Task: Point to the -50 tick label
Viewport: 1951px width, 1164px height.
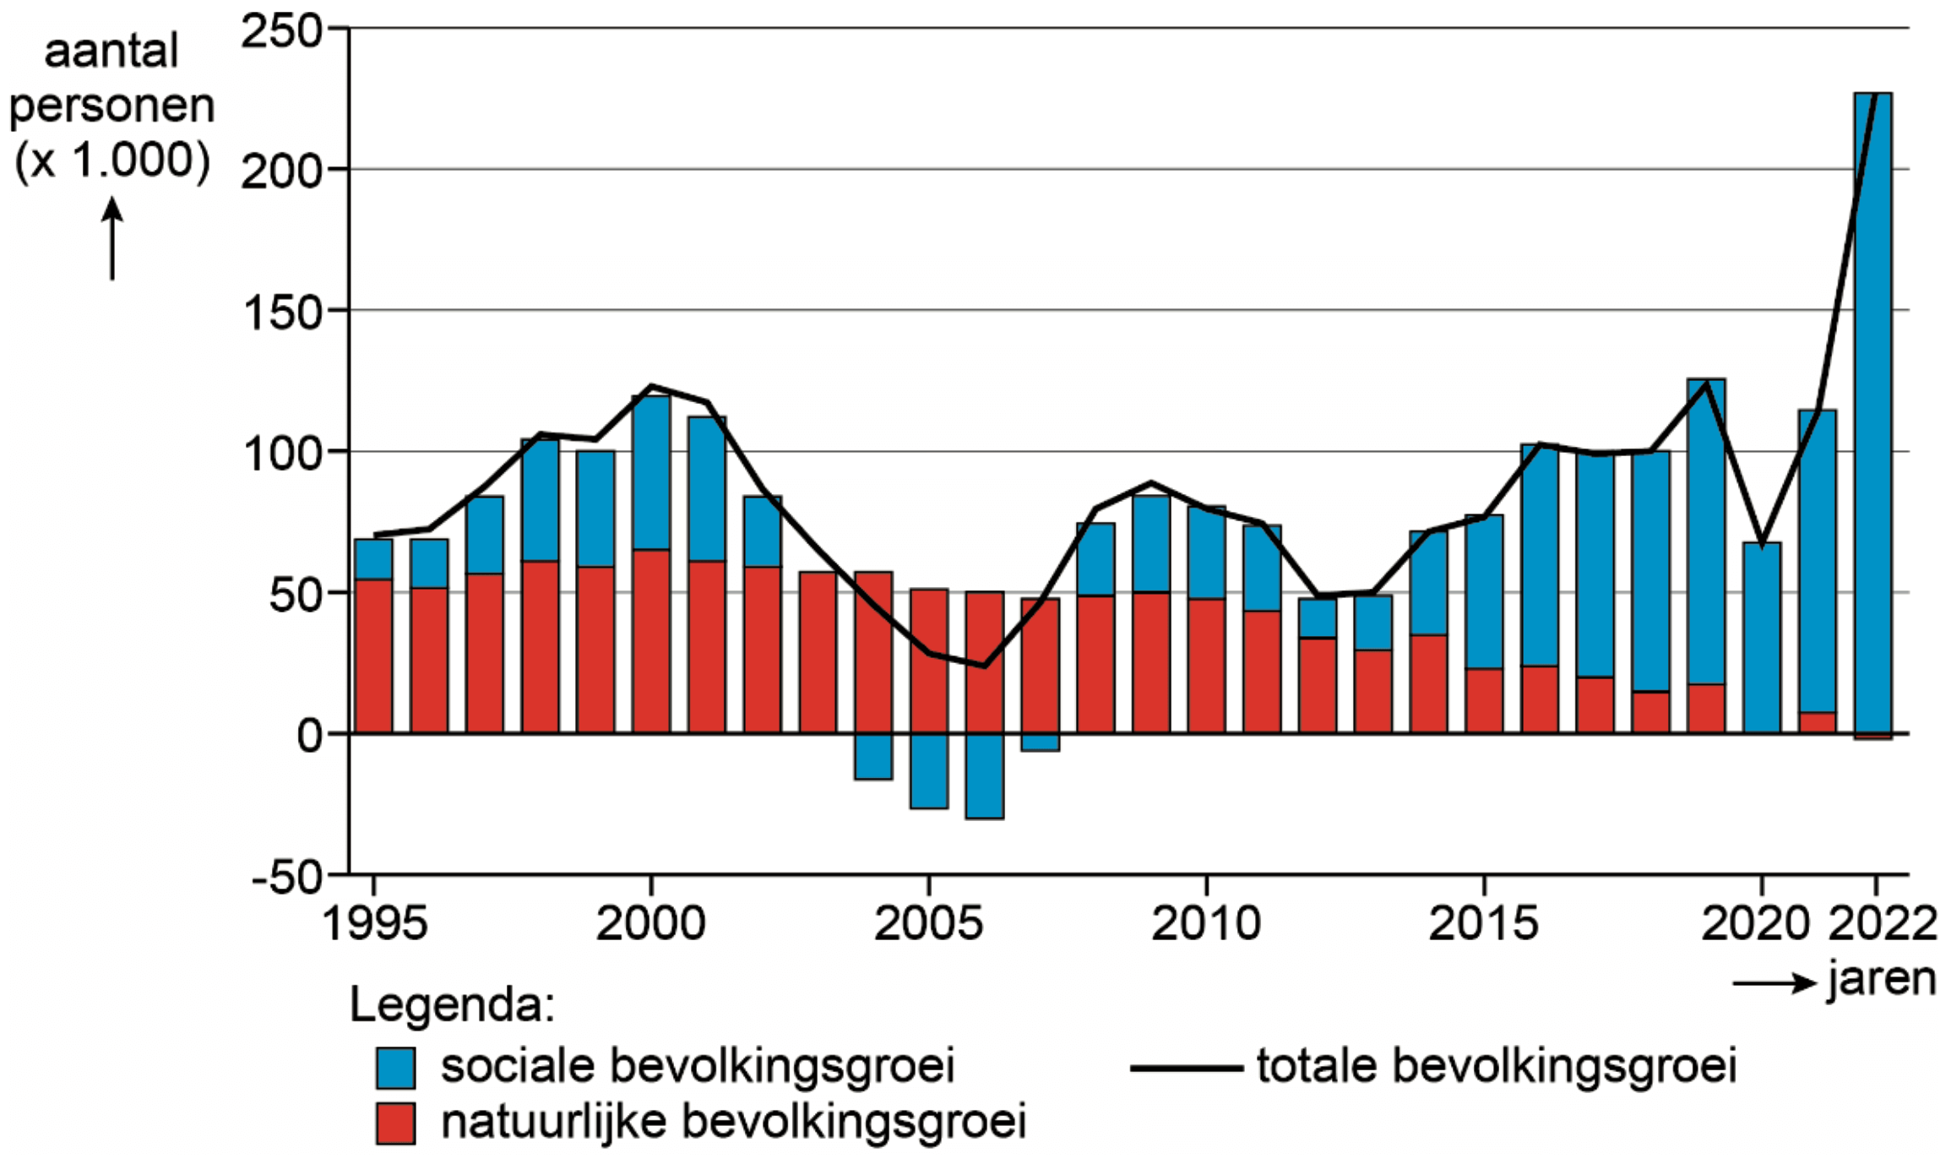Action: pos(287,878)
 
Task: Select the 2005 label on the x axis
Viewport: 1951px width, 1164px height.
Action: pos(927,923)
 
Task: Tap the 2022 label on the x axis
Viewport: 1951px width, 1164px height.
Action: pos(1882,923)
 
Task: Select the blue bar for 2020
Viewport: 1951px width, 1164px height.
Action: pos(1761,638)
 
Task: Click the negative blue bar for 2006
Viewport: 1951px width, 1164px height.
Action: pos(984,775)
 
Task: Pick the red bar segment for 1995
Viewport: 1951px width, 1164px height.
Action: pos(373,655)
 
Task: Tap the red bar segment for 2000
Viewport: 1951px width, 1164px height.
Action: pos(650,640)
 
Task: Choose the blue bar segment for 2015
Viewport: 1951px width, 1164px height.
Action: pos(1484,591)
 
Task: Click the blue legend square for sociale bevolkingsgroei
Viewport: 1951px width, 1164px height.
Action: pos(395,1068)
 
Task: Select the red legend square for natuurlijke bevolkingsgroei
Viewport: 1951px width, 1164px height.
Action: pos(395,1123)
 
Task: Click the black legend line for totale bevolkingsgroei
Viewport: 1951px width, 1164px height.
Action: pos(1186,1069)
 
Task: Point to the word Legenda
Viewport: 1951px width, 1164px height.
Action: pos(452,1005)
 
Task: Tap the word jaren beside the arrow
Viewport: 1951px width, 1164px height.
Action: pos(1882,980)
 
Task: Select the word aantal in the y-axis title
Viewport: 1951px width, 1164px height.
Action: pos(111,51)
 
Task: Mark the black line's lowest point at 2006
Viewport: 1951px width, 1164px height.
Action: pos(984,666)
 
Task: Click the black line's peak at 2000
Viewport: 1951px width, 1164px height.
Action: pos(651,387)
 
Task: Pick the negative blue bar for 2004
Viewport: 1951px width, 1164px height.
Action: pos(873,756)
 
